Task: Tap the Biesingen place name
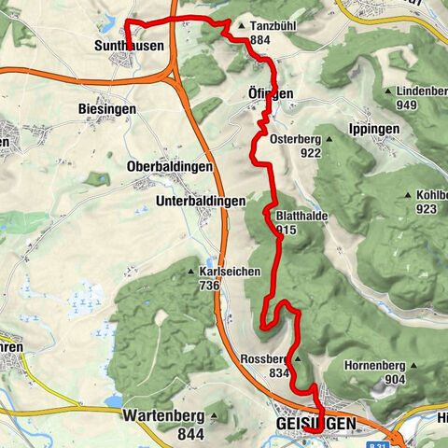(x=107, y=109)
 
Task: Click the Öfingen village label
(x=271, y=94)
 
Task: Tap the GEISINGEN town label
(x=315, y=425)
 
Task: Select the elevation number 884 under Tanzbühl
(x=260, y=41)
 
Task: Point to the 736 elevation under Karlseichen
(x=208, y=286)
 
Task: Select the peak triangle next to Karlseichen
(x=191, y=273)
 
